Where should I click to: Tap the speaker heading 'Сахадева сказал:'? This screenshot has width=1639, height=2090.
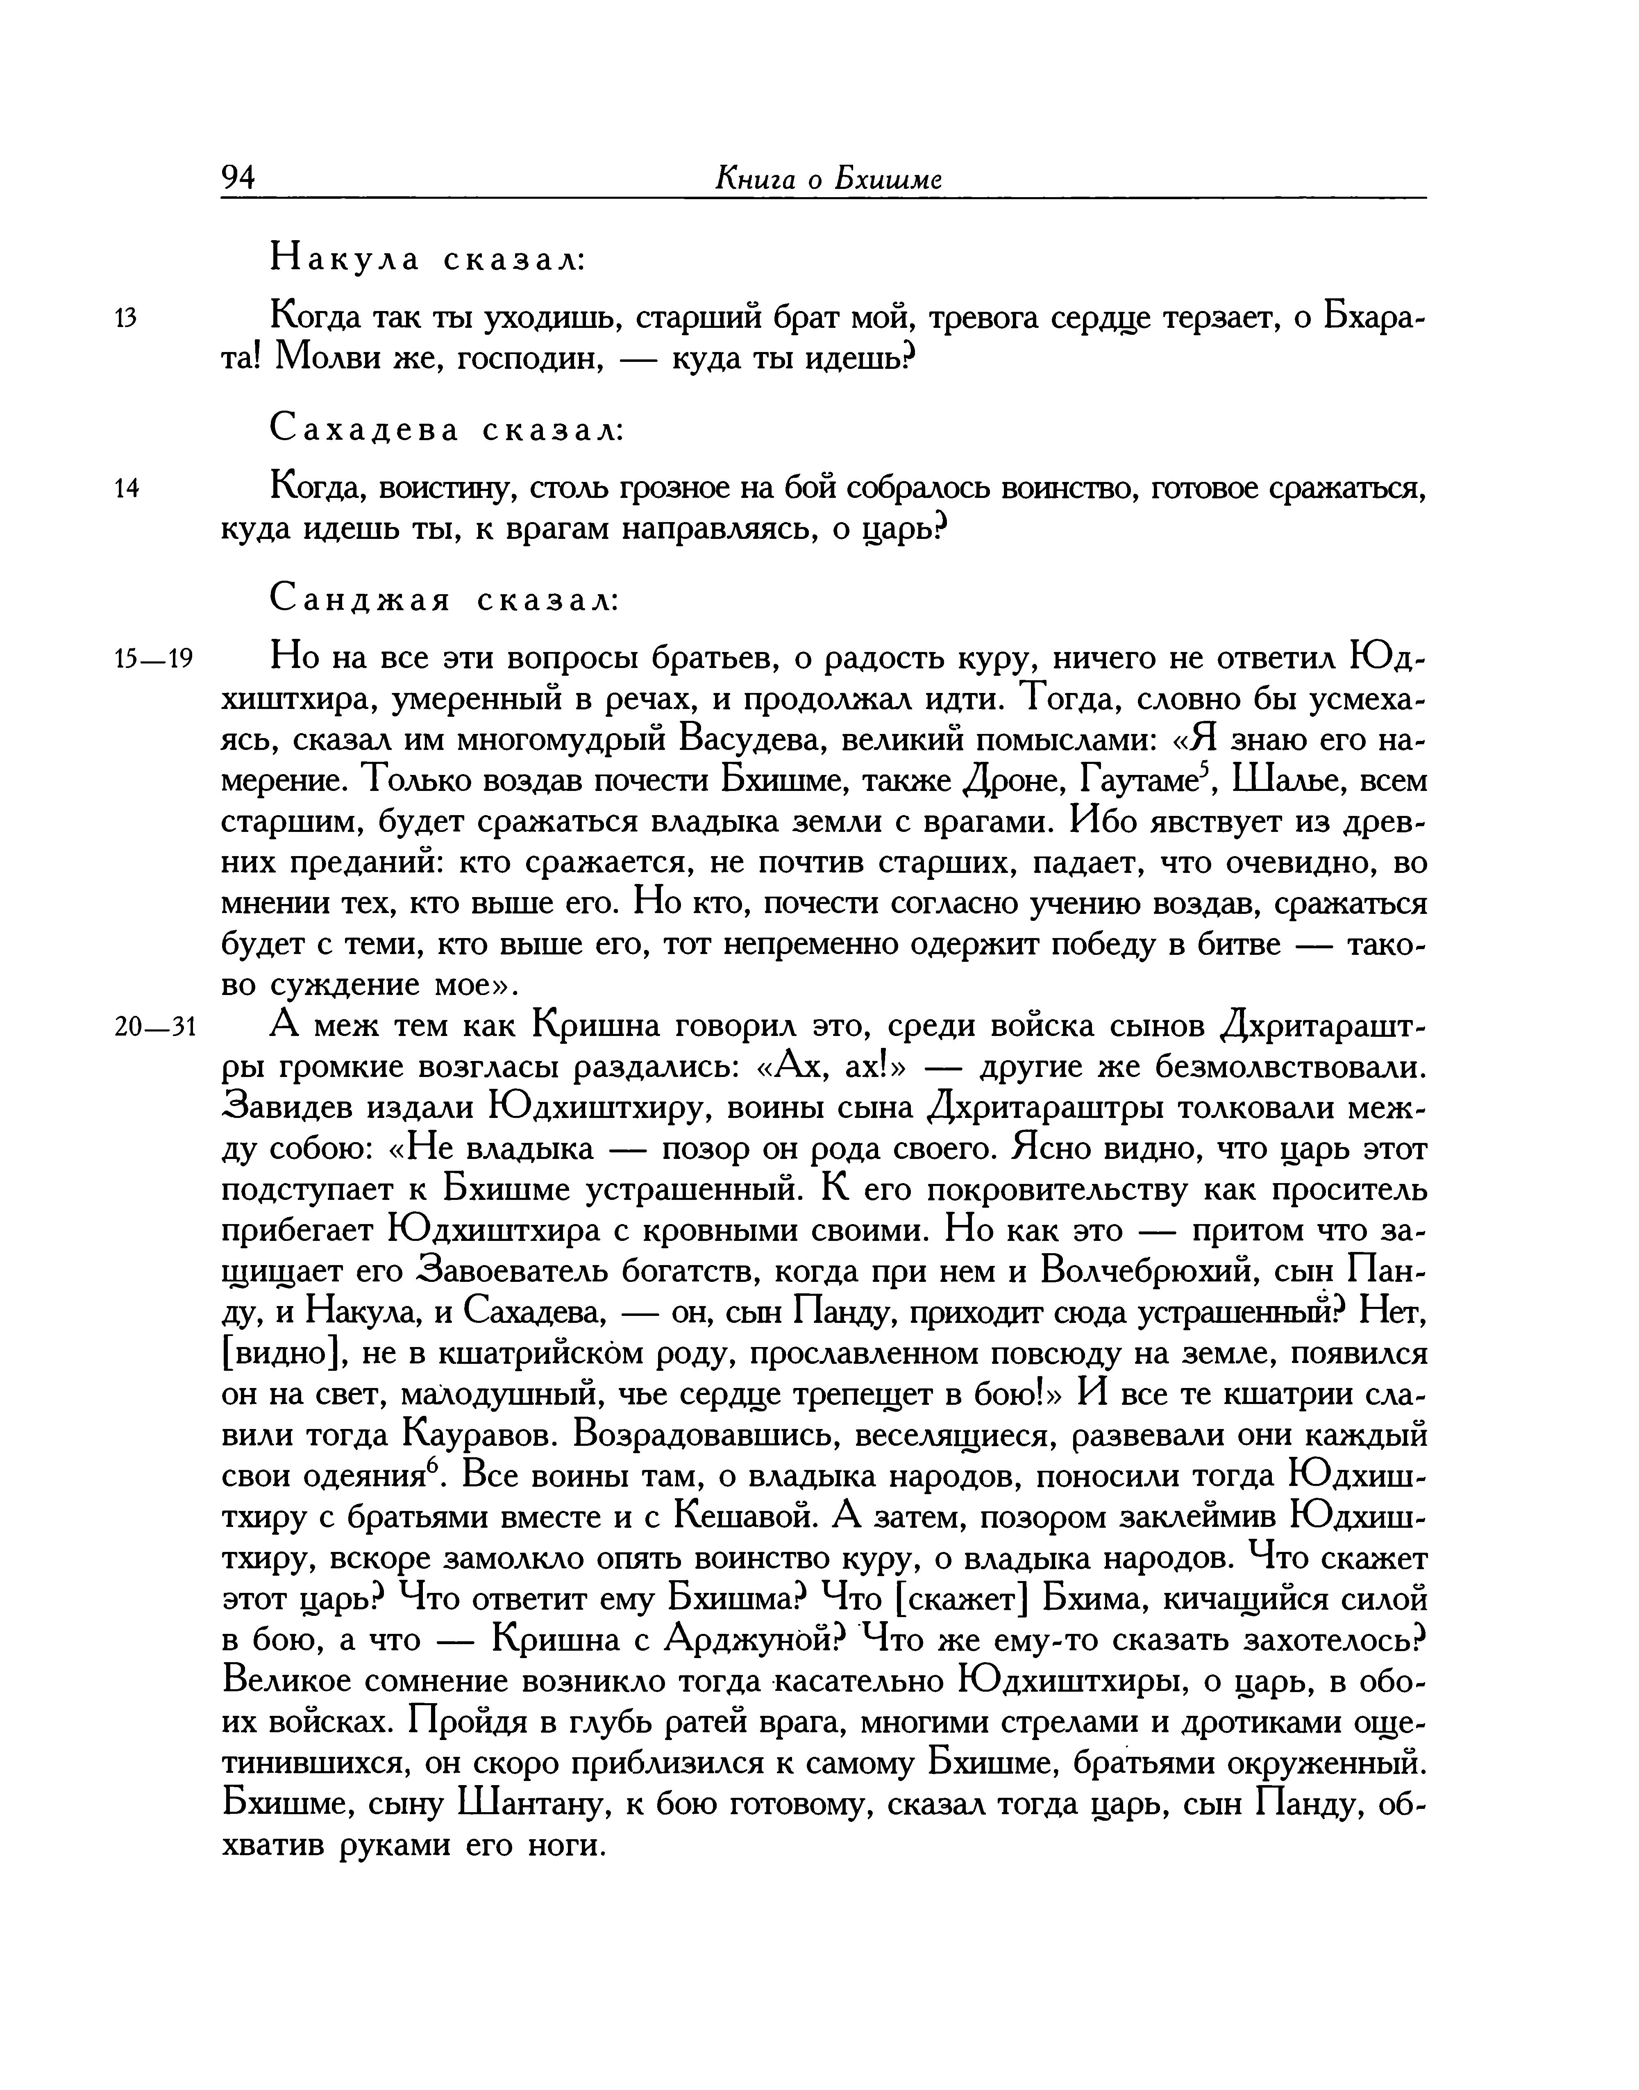447,429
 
